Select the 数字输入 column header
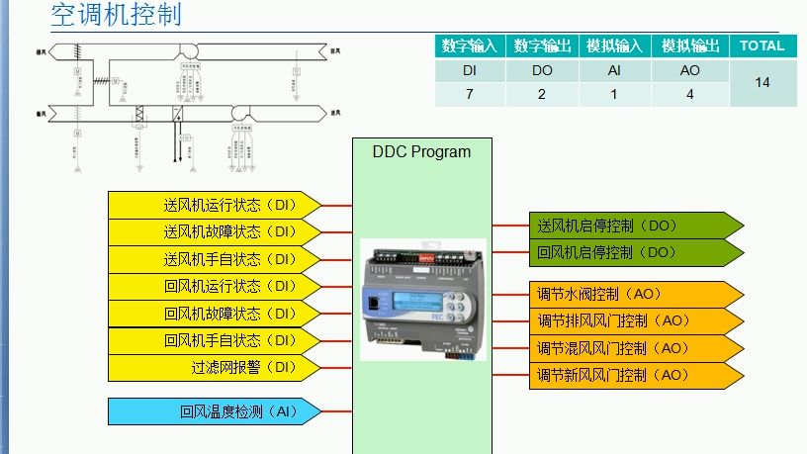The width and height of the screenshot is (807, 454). [470, 45]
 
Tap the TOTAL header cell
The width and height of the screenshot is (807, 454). [762, 45]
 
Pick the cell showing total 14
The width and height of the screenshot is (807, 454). [762, 83]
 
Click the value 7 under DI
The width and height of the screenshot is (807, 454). [470, 95]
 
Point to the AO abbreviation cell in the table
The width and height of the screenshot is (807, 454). [689, 71]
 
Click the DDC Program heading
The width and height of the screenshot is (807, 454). [421, 152]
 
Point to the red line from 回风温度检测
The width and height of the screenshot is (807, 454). [337, 410]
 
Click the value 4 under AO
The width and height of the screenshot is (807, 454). [689, 95]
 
